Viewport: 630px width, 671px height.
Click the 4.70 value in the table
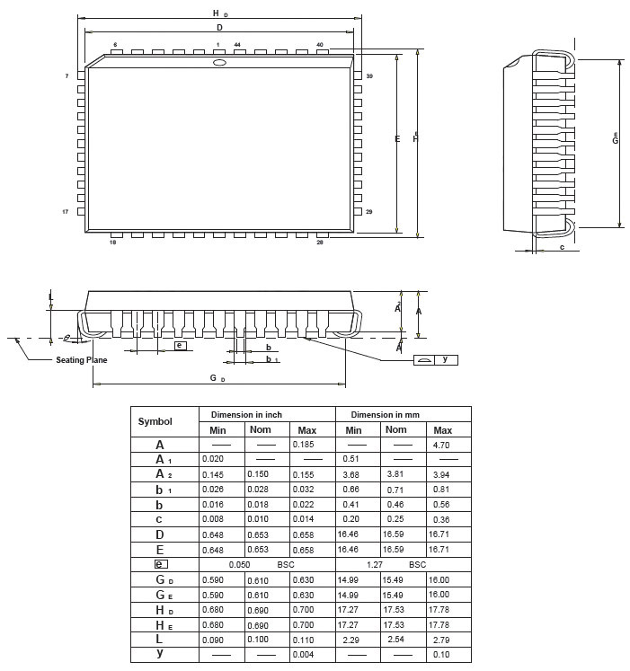[x=441, y=445]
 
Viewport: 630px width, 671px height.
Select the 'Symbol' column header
[x=155, y=421]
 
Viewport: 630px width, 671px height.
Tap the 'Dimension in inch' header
[x=246, y=415]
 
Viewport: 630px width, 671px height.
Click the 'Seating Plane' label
[x=82, y=359]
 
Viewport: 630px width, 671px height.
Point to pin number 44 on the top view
[x=237, y=44]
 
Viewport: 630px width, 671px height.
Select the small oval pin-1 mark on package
[x=218, y=63]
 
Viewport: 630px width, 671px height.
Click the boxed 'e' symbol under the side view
[x=180, y=345]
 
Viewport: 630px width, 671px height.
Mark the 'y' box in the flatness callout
[x=445, y=359]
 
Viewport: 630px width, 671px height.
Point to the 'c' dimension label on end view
[x=562, y=246]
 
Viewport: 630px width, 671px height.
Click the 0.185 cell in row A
[x=305, y=445]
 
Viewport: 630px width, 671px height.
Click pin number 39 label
[x=369, y=76]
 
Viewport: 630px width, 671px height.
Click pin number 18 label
[x=113, y=242]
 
